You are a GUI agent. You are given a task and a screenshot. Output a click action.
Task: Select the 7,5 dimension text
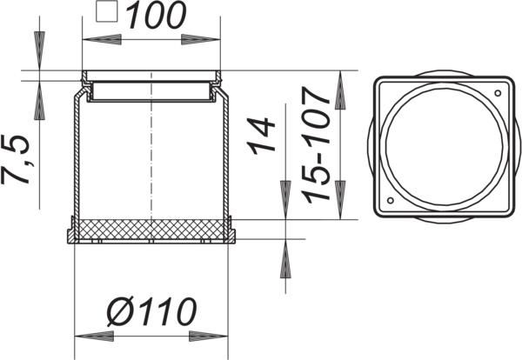pos(21,158)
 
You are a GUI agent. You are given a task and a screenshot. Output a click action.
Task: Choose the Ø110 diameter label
pos(151,310)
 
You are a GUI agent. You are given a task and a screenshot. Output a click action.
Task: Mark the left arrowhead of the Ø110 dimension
pos(85,335)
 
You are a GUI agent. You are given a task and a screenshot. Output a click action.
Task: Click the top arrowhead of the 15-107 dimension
pos(339,83)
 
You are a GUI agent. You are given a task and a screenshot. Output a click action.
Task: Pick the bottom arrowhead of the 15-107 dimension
pos(339,204)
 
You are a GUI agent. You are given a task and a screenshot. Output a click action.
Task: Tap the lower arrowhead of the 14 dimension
pos(284,261)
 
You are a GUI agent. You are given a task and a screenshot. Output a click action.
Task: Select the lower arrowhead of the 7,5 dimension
pos(38,104)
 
